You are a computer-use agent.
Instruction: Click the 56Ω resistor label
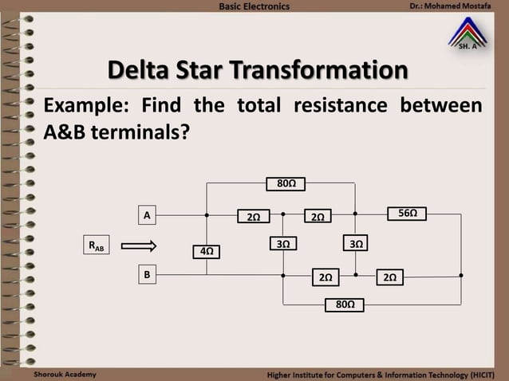[408, 214]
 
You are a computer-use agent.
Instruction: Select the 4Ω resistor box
[207, 251]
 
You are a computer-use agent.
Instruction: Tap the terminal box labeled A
[147, 215]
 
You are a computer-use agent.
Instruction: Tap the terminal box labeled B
[147, 274]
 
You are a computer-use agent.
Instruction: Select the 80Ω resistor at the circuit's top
[286, 184]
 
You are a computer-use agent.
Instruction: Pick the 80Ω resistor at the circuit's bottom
[345, 304]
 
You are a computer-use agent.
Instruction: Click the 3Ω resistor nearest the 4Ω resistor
[283, 243]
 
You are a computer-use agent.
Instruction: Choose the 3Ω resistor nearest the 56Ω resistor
[355, 243]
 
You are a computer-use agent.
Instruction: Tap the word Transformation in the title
[320, 70]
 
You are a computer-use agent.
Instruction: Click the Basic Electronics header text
[254, 6]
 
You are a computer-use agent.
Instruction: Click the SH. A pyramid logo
[468, 35]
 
